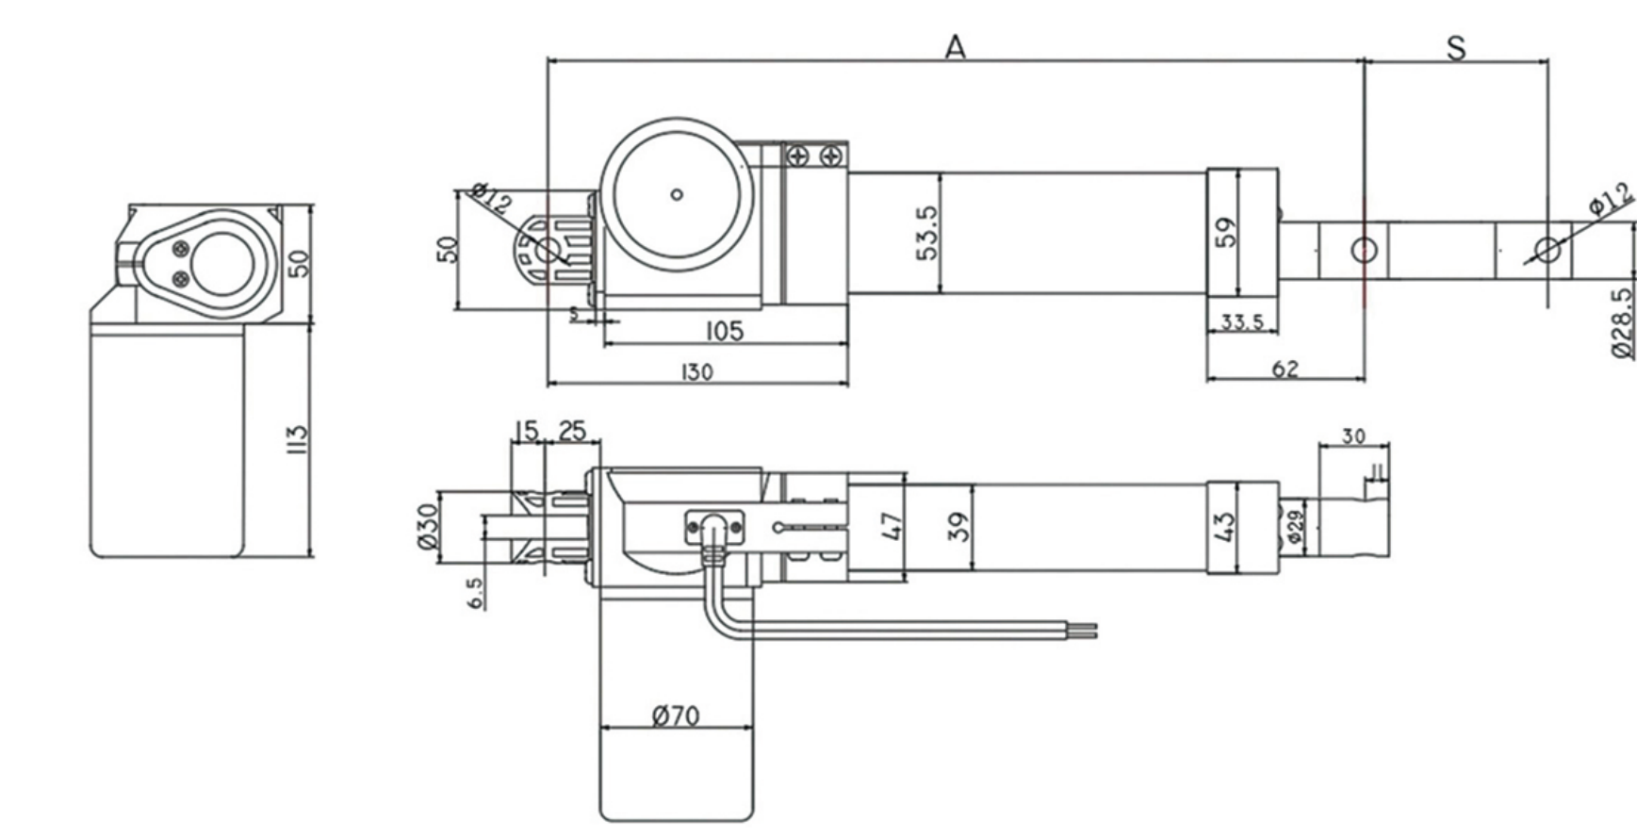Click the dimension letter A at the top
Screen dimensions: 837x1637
coord(956,46)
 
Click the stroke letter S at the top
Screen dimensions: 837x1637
coord(1456,48)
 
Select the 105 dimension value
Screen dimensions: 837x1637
coord(724,331)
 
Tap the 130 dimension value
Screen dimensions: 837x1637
coord(696,372)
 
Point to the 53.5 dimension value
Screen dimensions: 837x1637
coord(928,233)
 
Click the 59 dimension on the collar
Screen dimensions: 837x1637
coord(1225,233)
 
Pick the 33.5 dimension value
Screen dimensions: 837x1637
coord(1242,322)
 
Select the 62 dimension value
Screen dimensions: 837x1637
coord(1285,369)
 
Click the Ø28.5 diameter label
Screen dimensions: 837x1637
coord(1622,323)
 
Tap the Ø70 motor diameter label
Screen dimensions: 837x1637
coord(676,715)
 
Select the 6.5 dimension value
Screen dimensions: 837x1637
coord(476,592)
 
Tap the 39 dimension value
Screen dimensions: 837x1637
coord(957,527)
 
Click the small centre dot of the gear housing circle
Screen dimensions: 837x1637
coord(676,195)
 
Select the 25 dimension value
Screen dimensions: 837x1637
coord(572,431)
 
